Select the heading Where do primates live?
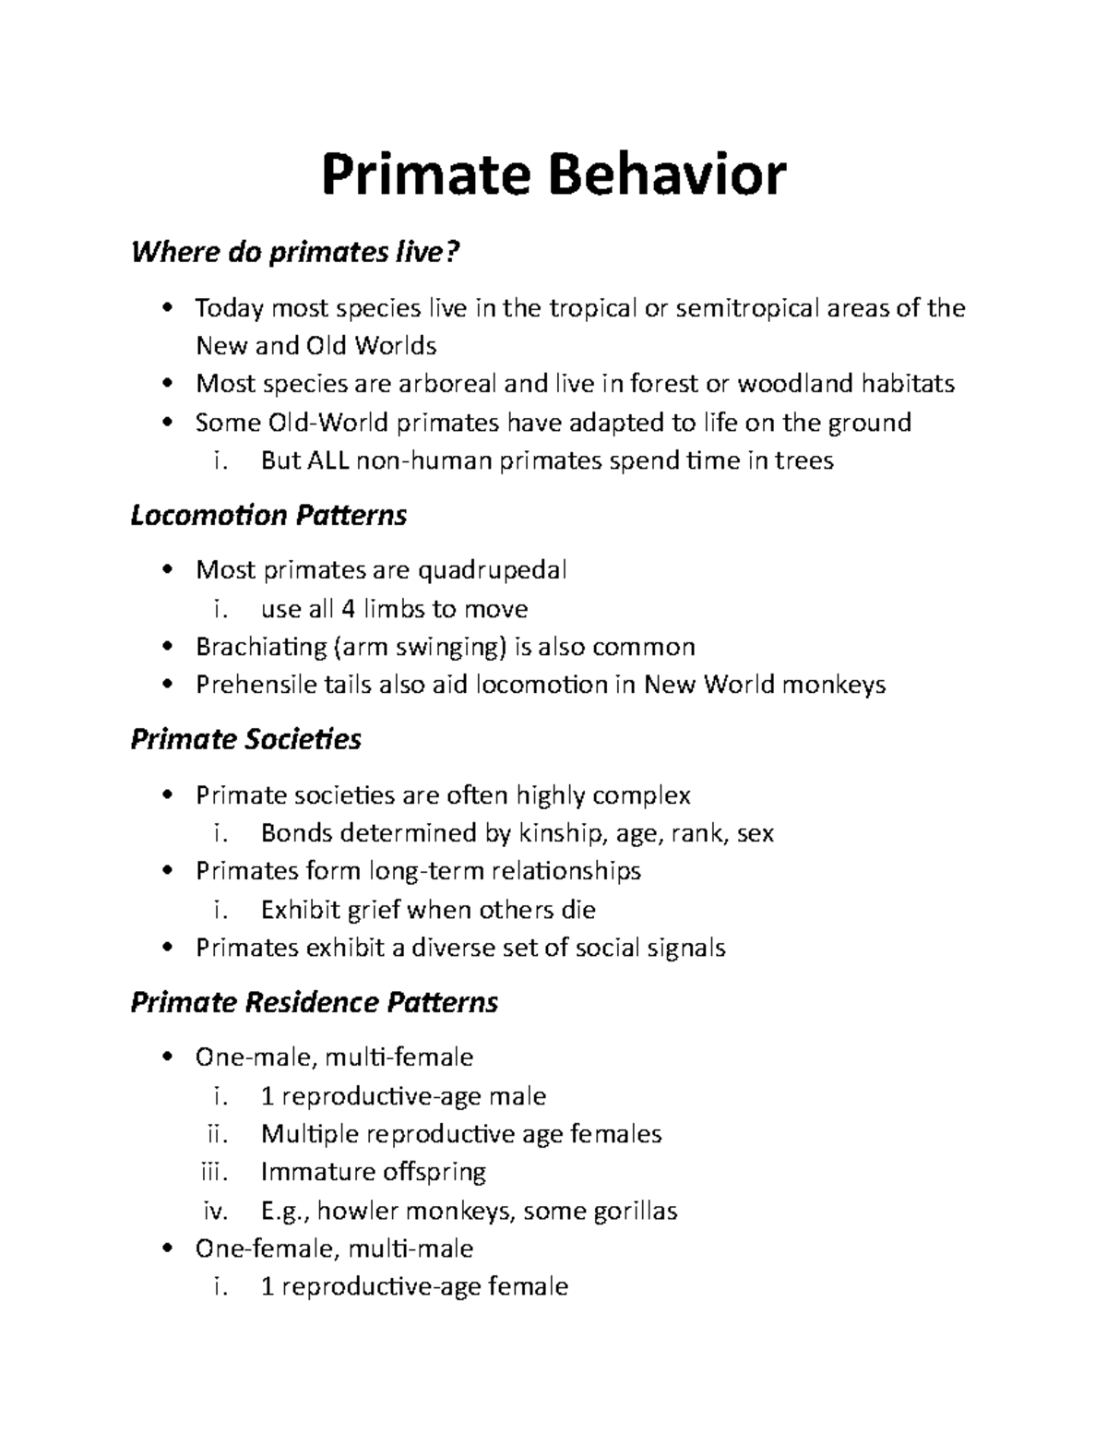[294, 252]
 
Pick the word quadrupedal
[493, 570]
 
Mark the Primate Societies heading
[245, 739]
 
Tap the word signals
[682, 948]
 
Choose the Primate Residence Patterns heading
[315, 1002]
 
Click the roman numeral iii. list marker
[214, 1172]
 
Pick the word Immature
[315, 1172]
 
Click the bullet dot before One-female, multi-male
[166, 1248]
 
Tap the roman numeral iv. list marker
[215, 1211]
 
